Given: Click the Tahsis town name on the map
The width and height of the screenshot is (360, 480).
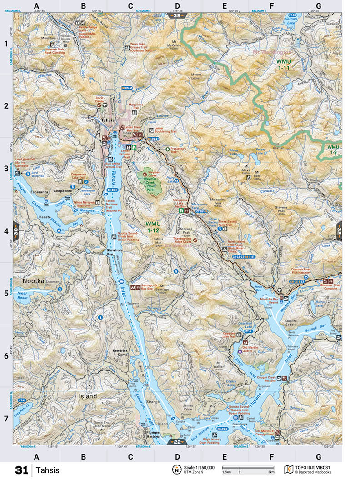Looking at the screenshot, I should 108,120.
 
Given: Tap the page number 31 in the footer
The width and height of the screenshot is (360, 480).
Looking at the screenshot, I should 21,470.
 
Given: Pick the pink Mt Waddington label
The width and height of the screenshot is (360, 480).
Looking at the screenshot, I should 271,53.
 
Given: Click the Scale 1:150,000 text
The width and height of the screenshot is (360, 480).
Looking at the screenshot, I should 199,468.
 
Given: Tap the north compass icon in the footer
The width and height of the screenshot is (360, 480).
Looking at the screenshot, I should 175,470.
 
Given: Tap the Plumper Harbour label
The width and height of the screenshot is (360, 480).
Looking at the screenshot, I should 150,434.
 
